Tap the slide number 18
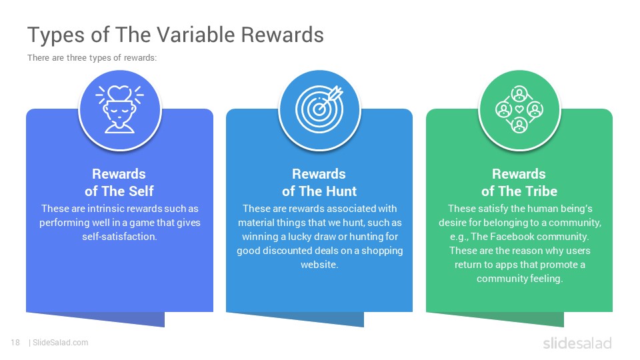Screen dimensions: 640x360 point(15,343)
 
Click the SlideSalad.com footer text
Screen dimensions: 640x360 point(61,343)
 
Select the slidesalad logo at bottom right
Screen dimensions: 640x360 point(577,343)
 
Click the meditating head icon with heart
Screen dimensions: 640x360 point(119,109)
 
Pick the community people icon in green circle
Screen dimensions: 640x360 point(519,109)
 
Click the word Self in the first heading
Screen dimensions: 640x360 point(141,191)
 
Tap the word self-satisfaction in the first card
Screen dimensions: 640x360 point(119,237)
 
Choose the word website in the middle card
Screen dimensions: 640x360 point(319,265)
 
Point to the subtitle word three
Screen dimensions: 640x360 point(77,58)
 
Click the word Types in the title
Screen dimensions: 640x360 point(57,35)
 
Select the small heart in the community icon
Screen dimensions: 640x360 point(519,109)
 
